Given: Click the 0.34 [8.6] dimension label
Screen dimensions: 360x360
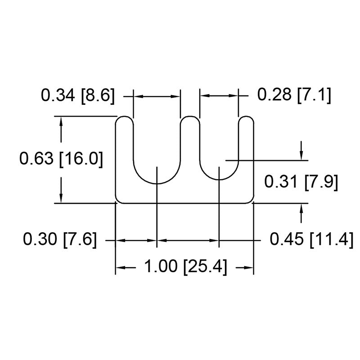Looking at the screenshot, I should click(x=78, y=96).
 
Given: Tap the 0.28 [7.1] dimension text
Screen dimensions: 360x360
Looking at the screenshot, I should click(x=294, y=95).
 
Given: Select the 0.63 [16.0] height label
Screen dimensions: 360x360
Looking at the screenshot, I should click(x=61, y=159).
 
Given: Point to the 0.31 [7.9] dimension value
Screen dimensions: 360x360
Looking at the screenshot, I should click(x=301, y=182).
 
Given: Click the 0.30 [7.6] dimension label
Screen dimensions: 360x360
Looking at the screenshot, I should click(x=60, y=239).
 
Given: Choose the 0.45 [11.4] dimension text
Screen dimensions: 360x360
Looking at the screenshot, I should click(x=310, y=239).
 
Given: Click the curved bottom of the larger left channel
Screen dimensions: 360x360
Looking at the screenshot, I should click(x=157, y=183).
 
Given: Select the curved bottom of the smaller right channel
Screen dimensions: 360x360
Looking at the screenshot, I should click(x=219, y=179).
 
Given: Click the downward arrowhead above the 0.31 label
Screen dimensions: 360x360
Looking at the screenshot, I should click(x=301, y=155).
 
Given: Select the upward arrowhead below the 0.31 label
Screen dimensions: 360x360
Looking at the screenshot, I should click(x=301, y=207).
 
